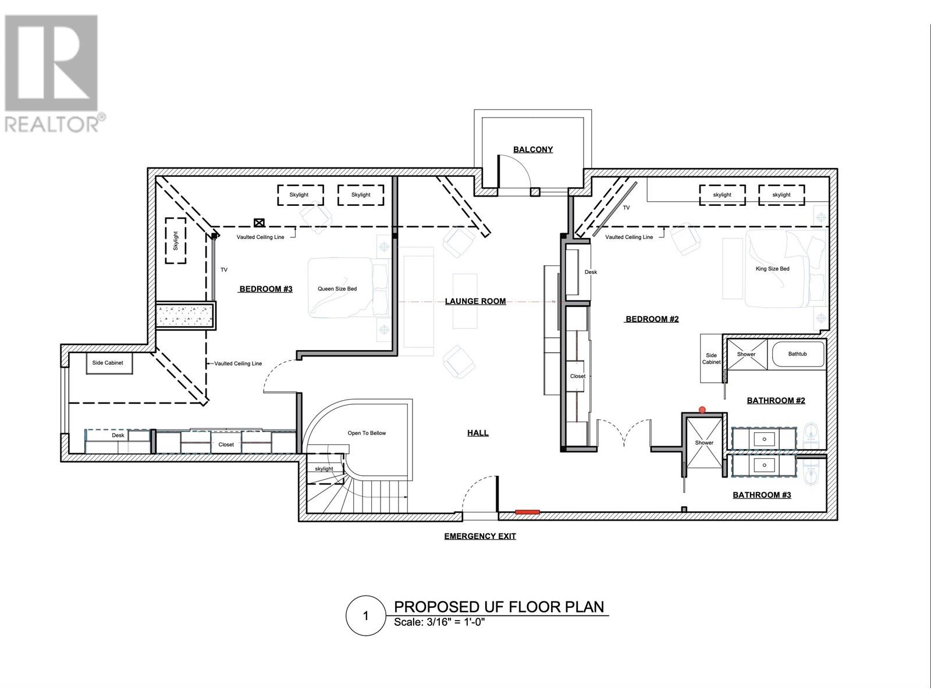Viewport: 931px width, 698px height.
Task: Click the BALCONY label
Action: pyautogui.click(x=533, y=149)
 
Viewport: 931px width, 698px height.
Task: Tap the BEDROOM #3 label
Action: pyautogui.click(x=266, y=289)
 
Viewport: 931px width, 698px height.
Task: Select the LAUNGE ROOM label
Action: pyautogui.click(x=475, y=301)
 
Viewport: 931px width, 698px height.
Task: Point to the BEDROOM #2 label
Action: pyautogui.click(x=652, y=319)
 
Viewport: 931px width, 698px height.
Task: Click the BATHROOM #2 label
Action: pyautogui.click(x=776, y=401)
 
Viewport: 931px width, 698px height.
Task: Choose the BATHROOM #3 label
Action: pyautogui.click(x=762, y=495)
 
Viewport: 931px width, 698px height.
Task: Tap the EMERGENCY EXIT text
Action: pyautogui.click(x=479, y=536)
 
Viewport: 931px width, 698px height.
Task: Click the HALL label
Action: pyautogui.click(x=478, y=433)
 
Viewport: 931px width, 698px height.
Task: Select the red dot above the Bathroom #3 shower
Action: pyautogui.click(x=702, y=410)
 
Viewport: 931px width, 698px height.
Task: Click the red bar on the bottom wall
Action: pyautogui.click(x=527, y=512)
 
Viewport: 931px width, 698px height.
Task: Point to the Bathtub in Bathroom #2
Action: pyautogui.click(x=797, y=354)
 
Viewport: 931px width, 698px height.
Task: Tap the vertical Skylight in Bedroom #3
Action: pyautogui.click(x=176, y=241)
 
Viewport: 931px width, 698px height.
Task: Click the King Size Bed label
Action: pyautogui.click(x=772, y=269)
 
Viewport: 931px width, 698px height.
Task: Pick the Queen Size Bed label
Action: pyautogui.click(x=337, y=289)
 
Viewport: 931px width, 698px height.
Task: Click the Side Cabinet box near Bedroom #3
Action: pyautogui.click(x=109, y=363)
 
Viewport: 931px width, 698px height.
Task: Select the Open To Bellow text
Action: pyautogui.click(x=367, y=433)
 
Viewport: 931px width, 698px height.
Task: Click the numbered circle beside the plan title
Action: pyautogui.click(x=366, y=616)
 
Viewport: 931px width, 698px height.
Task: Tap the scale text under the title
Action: pyautogui.click(x=439, y=622)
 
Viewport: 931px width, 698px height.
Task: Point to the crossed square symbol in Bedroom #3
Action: pyautogui.click(x=259, y=223)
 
